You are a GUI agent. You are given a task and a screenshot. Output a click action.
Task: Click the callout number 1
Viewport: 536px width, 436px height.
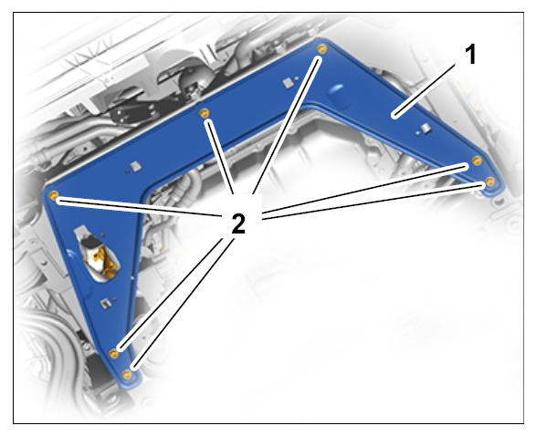point(471,55)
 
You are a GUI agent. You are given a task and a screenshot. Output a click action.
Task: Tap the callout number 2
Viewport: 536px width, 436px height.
point(238,224)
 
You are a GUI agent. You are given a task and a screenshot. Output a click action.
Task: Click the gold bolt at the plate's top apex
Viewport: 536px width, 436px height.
point(321,49)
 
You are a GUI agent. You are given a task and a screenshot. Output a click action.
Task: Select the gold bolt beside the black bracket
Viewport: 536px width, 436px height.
point(205,112)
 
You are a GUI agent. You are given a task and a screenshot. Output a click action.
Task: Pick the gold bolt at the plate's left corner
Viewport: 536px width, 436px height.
point(54,195)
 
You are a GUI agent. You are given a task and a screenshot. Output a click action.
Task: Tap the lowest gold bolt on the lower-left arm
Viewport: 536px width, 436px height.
point(127,375)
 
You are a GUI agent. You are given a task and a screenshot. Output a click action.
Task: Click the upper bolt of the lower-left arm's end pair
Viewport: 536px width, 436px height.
point(113,354)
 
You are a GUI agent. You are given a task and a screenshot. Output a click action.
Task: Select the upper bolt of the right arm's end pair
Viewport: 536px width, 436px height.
point(477,161)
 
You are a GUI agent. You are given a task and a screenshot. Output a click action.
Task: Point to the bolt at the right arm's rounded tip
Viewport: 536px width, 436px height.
point(489,182)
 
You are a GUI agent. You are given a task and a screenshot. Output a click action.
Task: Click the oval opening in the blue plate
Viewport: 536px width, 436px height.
point(98,254)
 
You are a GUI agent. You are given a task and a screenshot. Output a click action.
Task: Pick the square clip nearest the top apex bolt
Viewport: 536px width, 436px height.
point(288,83)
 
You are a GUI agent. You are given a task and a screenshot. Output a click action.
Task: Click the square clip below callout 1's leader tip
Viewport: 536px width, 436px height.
point(425,129)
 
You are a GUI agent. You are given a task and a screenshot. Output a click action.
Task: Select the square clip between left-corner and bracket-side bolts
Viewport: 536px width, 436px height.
point(136,167)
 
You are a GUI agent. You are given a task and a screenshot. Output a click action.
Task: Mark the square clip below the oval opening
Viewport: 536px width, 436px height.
point(106,303)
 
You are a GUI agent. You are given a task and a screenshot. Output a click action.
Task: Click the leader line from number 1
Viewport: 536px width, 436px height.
point(426,90)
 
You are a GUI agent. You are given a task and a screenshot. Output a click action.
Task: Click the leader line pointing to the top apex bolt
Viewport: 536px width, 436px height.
point(286,126)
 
